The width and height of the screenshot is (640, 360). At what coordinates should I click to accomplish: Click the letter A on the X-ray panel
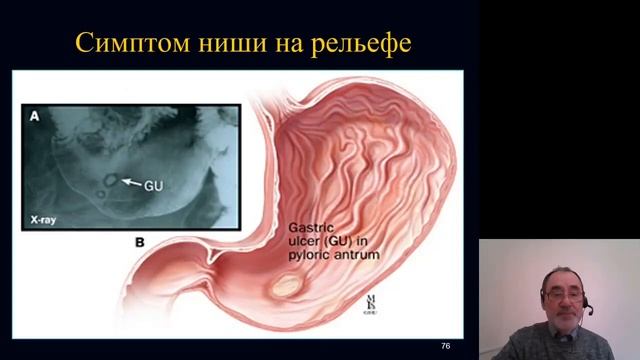[x=34, y=117]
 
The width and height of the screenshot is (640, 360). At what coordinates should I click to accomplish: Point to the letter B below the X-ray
[x=139, y=242]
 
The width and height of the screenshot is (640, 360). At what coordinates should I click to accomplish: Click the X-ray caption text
[x=47, y=215]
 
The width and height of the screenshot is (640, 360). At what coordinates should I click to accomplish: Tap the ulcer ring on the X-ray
[x=108, y=180]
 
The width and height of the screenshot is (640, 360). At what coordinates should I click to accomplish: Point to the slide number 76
[x=445, y=345]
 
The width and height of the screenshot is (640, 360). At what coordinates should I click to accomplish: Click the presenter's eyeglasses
[x=558, y=294]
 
